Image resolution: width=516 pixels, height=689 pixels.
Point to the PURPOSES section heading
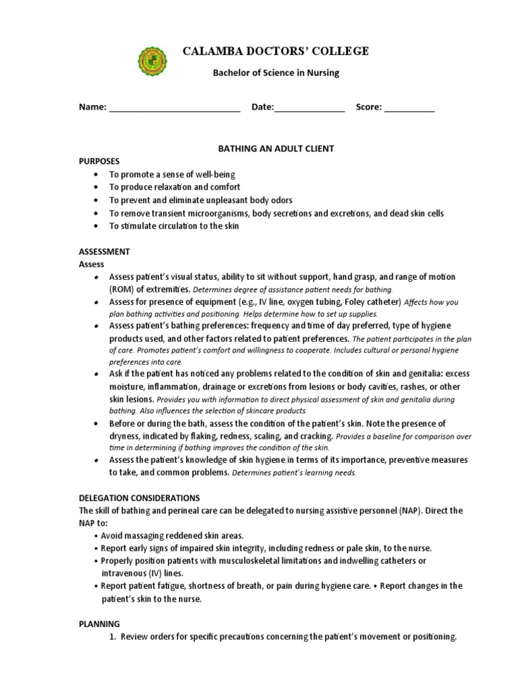pyautogui.click(x=99, y=161)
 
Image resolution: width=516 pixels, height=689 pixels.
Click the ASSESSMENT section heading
pyautogui.click(x=104, y=252)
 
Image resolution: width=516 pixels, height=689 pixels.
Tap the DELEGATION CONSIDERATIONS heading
pyautogui.click(x=139, y=498)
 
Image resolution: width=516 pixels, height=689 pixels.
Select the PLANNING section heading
pyautogui.click(x=99, y=624)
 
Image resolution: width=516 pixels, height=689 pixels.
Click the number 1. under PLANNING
pyautogui.click(x=112, y=637)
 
